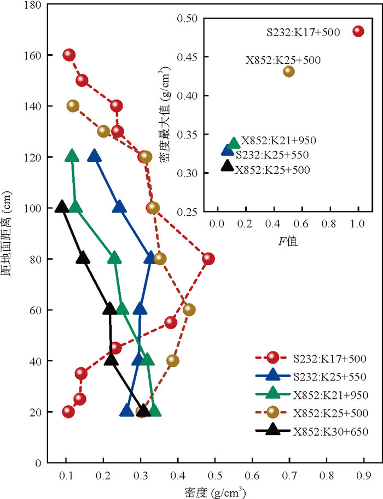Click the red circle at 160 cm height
69,55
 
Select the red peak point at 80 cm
208,259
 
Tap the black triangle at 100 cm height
62,207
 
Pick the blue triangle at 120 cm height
94,156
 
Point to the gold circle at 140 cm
73,106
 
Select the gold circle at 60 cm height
189,310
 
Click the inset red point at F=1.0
358,31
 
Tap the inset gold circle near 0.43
289,71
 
